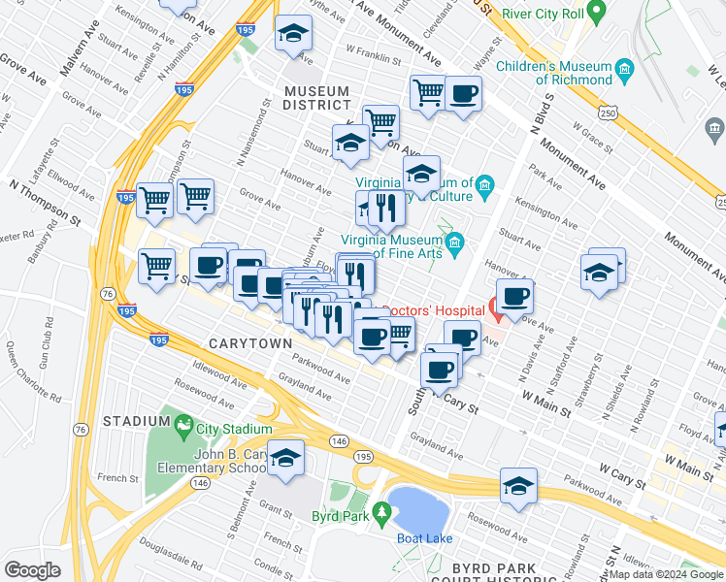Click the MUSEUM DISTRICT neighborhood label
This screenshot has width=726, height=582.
317,97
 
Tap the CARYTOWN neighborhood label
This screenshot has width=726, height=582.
248,344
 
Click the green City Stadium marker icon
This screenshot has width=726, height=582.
182,424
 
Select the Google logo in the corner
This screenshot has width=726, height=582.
32,569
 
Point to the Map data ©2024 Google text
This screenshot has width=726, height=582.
666,574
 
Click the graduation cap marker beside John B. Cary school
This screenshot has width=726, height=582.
286,458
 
